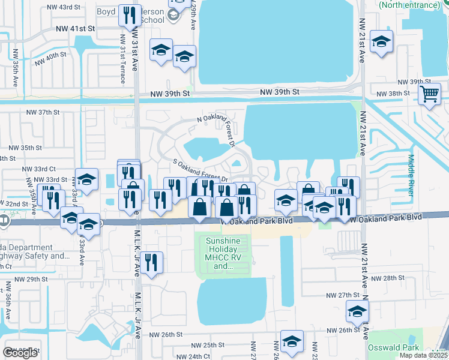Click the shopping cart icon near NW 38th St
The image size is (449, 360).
(x=430, y=94)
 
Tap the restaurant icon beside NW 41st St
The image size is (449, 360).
(x=129, y=15)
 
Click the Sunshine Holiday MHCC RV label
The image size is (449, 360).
(x=223, y=253)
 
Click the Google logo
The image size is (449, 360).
(x=20, y=353)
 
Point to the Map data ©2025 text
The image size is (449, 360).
(x=423, y=355)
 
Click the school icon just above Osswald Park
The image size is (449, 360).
(x=357, y=312)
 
